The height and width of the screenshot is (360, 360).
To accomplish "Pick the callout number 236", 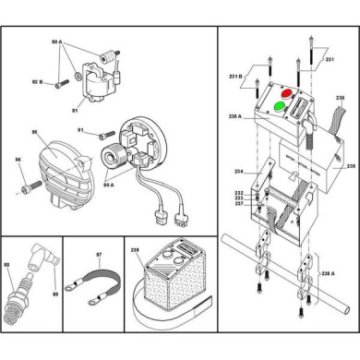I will click(340, 97).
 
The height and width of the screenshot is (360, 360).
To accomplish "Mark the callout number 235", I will click(349, 167).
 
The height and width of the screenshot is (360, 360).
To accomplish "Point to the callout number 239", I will click(137, 249).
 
